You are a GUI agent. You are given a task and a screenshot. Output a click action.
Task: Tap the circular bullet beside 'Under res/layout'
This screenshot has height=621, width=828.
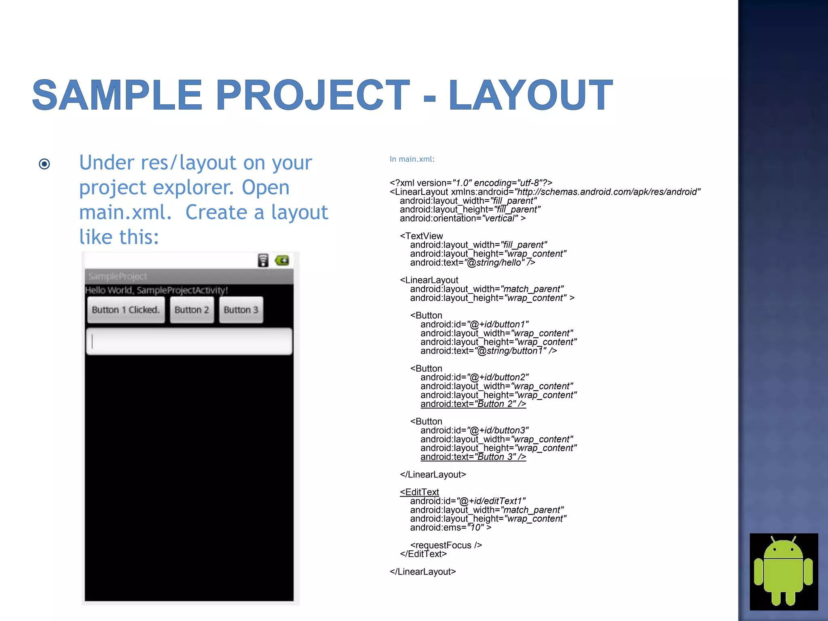pyautogui.click(x=44, y=164)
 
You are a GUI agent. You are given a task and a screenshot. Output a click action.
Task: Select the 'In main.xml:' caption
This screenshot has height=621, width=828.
pyautogui.click(x=412, y=159)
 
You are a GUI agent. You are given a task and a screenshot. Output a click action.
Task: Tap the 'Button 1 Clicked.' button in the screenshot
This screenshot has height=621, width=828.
pyautogui.click(x=126, y=310)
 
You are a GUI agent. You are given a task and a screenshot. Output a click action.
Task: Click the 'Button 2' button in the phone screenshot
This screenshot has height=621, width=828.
pyautogui.click(x=192, y=310)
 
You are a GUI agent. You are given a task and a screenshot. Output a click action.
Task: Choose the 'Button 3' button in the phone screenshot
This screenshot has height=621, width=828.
pyautogui.click(x=241, y=310)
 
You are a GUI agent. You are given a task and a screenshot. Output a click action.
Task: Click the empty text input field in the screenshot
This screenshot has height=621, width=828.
pyautogui.click(x=189, y=342)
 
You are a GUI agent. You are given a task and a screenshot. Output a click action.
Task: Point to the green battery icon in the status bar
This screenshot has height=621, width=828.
pyautogui.click(x=282, y=260)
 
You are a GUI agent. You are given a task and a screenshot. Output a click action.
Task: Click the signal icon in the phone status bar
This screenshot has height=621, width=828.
pyautogui.click(x=263, y=260)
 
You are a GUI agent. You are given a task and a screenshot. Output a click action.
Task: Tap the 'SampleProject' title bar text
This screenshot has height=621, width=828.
pyautogui.click(x=118, y=277)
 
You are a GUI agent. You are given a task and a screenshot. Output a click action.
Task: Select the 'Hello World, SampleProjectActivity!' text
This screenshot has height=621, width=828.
pyautogui.click(x=156, y=290)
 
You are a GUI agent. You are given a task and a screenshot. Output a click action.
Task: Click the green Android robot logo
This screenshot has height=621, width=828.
pyautogui.click(x=784, y=571)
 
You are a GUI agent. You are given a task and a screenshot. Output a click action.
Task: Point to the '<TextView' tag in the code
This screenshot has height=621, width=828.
pyautogui.click(x=421, y=236)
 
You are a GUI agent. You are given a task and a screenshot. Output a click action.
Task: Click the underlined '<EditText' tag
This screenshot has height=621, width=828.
pyautogui.click(x=419, y=492)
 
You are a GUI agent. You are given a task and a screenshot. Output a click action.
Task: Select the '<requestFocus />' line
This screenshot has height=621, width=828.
pyautogui.click(x=446, y=545)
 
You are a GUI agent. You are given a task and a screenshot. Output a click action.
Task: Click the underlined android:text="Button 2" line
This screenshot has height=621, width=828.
pyautogui.click(x=473, y=404)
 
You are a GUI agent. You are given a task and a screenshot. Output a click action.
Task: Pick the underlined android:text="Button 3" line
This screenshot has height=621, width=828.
pyautogui.click(x=473, y=457)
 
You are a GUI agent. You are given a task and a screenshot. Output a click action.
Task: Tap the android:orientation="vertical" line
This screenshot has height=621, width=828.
pyautogui.click(x=463, y=218)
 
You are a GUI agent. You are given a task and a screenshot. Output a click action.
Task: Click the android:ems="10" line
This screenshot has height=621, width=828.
pyautogui.click(x=450, y=528)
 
